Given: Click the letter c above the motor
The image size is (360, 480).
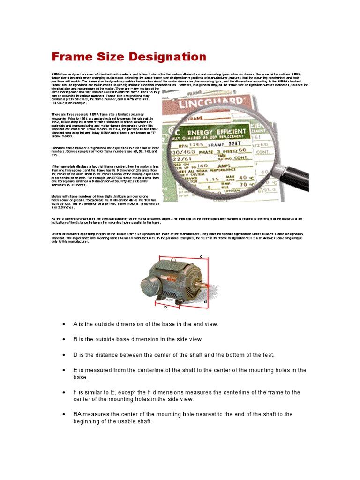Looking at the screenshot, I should [201, 256].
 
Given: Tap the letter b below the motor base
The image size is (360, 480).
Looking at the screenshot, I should [165, 307].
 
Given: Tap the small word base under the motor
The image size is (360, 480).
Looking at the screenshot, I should [170, 299].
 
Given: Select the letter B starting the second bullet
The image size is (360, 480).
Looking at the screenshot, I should [75, 339].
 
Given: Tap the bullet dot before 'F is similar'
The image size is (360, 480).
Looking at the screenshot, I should [64, 392].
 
